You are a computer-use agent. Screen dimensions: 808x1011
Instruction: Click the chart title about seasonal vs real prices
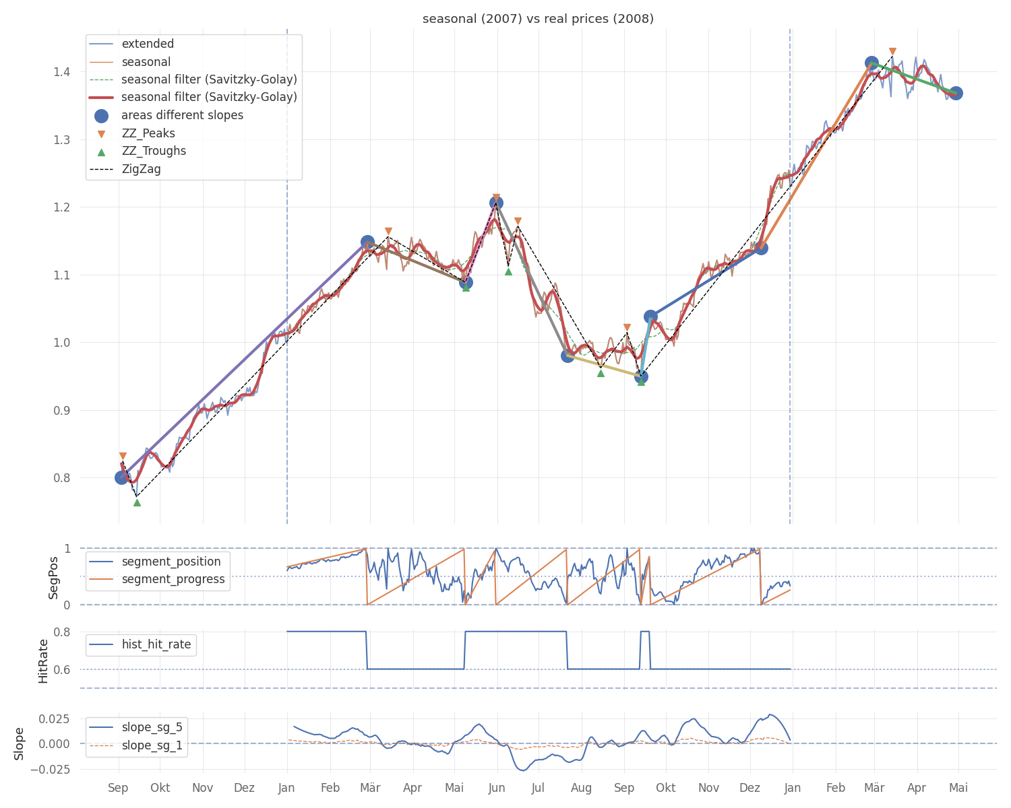538,19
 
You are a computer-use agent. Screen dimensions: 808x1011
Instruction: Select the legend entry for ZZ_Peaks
148,133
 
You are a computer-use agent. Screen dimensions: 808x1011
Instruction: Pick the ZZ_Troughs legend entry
154,151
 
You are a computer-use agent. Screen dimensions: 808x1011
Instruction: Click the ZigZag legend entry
141,170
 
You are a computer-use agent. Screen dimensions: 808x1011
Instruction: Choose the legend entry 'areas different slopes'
182,116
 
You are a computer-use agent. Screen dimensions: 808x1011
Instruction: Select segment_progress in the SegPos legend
173,580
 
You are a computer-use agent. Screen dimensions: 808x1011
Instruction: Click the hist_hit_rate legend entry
156,645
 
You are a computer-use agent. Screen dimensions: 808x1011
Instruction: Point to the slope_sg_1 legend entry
152,746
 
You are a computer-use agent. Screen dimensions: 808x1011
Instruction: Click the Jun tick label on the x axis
497,788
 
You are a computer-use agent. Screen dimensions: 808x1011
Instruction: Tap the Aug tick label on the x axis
582,788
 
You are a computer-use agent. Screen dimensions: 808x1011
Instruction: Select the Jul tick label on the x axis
538,788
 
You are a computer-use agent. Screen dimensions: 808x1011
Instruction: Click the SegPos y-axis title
54,577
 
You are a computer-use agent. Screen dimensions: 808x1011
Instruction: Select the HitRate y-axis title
43,661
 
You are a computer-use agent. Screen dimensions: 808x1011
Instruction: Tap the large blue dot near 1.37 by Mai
956,93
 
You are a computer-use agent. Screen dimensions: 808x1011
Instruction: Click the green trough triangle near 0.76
137,502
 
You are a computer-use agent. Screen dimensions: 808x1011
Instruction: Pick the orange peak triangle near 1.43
892,52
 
